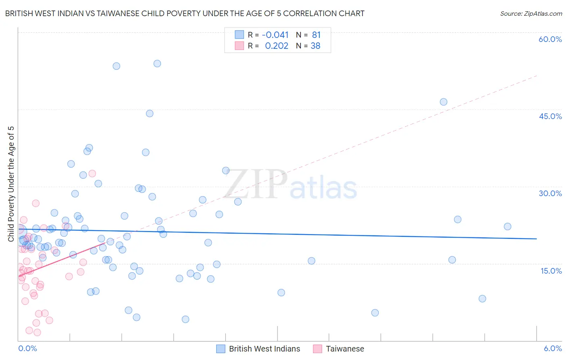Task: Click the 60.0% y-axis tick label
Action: pyautogui.click(x=550, y=39)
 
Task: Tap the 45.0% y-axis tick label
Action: pyautogui.click(x=550, y=116)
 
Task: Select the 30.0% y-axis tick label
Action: pyautogui.click(x=550, y=193)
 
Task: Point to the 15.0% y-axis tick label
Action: pyautogui.click(x=551, y=271)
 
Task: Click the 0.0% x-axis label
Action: pyautogui.click(x=27, y=348)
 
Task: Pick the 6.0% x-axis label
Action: pyautogui.click(x=552, y=348)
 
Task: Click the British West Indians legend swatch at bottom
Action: pyautogui.click(x=221, y=349)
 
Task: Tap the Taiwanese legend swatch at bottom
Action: pyautogui.click(x=317, y=349)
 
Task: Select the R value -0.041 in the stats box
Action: pyautogui.click(x=275, y=35)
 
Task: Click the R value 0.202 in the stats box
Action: pyautogui.click(x=277, y=46)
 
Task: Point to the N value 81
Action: pyautogui.click(x=316, y=35)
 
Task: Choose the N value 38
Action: pyautogui.click(x=315, y=46)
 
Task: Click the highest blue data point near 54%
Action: pyautogui.click(x=157, y=63)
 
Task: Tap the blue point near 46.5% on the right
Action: pyautogui.click(x=444, y=102)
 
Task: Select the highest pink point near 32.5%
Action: pyautogui.click(x=92, y=174)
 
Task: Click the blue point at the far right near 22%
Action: pyautogui.click(x=508, y=226)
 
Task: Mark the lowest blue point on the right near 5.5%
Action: pyautogui.click(x=375, y=313)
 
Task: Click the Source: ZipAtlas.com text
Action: pyautogui.click(x=531, y=14)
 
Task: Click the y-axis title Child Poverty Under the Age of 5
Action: pyautogui.click(x=11, y=184)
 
